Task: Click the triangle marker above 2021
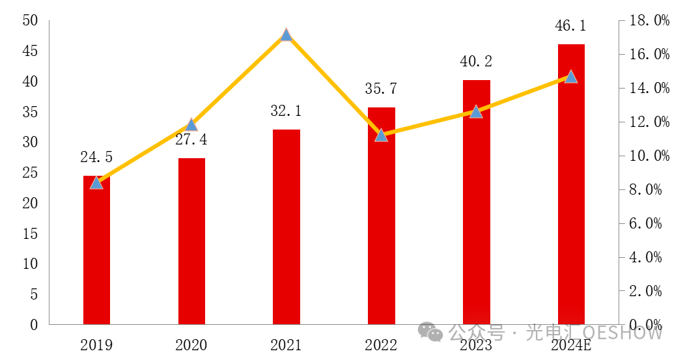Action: point(287,35)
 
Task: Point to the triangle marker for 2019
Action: point(96,182)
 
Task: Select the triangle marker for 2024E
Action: point(571,76)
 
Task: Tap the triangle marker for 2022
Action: point(382,135)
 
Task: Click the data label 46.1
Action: point(570,25)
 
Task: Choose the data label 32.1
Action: point(287,111)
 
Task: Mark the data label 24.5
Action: point(96,157)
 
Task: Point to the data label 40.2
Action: point(476,61)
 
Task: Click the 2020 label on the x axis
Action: point(191,345)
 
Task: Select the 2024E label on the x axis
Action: point(571,345)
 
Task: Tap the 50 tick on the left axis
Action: point(30,20)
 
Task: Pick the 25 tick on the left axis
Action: point(30,173)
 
